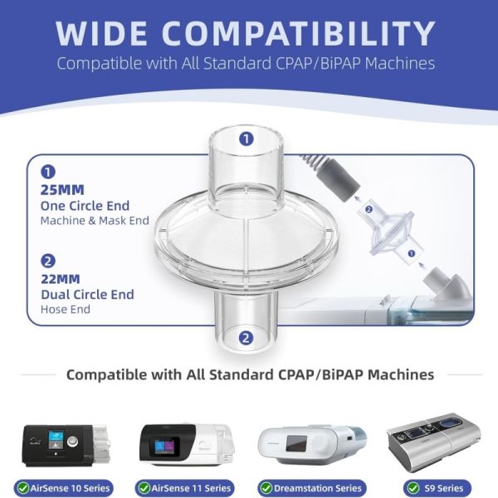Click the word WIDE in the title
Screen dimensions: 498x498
pyautogui.click(x=101, y=33)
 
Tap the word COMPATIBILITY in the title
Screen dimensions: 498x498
pyautogui.click(x=299, y=33)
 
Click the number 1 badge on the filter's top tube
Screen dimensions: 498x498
pyautogui.click(x=247, y=139)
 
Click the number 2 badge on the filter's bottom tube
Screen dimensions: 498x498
pyautogui.click(x=246, y=339)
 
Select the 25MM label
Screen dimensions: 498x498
pyautogui.click(x=62, y=190)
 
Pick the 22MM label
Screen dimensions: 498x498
pyautogui.click(x=61, y=279)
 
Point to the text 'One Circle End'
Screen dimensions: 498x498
pyautogui.click(x=85, y=206)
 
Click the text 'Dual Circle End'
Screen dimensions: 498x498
pyautogui.click(x=88, y=295)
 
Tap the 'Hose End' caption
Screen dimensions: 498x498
pyautogui.click(x=66, y=309)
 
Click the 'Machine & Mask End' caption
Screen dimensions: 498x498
pyautogui.click(x=95, y=221)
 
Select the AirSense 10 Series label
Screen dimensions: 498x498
pyautogui.click(x=70, y=488)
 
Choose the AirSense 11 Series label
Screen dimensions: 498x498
pyautogui.click(x=191, y=488)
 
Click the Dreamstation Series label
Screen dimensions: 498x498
pyautogui.click(x=318, y=488)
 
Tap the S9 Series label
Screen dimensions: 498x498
pyautogui.click(x=443, y=488)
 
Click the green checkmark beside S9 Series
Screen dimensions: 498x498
pyautogui.click(x=413, y=488)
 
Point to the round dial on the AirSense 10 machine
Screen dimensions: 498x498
pyautogui.click(x=73, y=441)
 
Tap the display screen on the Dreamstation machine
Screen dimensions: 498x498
pyautogui.click(x=296, y=443)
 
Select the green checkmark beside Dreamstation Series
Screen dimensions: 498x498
pyautogui.click(x=266, y=488)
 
